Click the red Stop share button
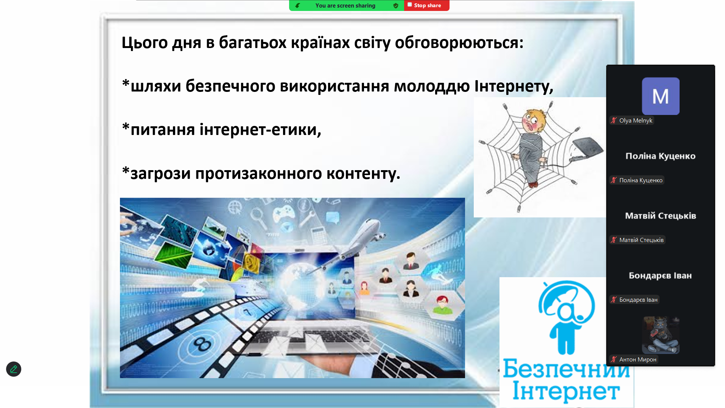pyautogui.click(x=426, y=5)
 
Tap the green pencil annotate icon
pyautogui.click(x=14, y=369)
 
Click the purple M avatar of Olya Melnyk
pyautogui.click(x=661, y=96)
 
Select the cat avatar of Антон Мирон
pyautogui.click(x=661, y=335)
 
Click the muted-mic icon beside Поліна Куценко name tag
pyautogui.click(x=614, y=180)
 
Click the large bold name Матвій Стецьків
pyautogui.click(x=661, y=216)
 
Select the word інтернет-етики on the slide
pyautogui.click(x=260, y=130)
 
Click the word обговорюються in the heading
pyautogui.click(x=459, y=43)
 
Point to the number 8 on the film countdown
pyautogui.click(x=202, y=344)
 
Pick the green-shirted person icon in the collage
pyautogui.click(x=442, y=305)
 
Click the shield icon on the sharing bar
pyautogui.click(x=396, y=6)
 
